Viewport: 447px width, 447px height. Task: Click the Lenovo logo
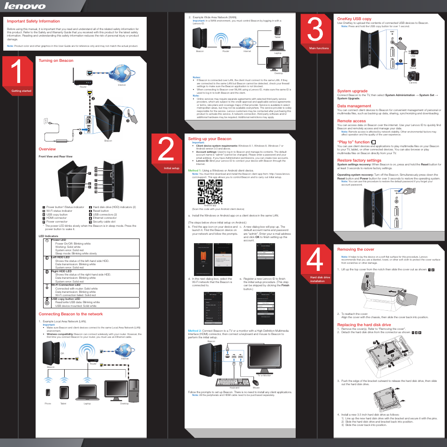click(x=25, y=6)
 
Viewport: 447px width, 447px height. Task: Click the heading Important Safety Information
click(x=33, y=21)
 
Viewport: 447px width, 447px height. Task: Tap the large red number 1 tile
click(x=17, y=74)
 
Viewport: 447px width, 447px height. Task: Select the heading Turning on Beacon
click(x=56, y=60)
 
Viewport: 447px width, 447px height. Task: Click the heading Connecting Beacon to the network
click(x=70, y=314)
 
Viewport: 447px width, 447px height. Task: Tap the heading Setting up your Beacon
click(x=209, y=139)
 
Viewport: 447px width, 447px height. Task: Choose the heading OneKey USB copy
click(x=354, y=19)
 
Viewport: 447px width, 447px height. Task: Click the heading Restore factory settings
click(x=359, y=160)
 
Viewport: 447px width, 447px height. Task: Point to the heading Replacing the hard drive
click(x=364, y=325)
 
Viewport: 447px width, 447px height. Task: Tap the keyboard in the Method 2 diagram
click(x=235, y=382)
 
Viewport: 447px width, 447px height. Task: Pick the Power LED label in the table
click(x=59, y=240)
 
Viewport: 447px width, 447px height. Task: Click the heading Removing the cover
click(x=356, y=249)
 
